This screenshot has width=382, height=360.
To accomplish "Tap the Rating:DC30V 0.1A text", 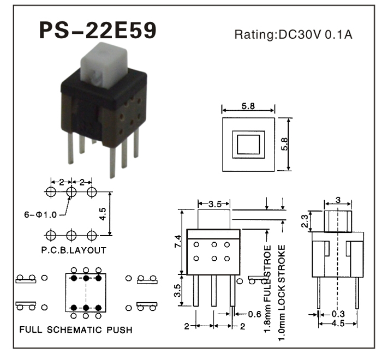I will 294,35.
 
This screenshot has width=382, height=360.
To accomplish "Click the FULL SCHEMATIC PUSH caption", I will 75,330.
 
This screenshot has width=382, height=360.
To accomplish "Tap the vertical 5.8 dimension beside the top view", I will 284,143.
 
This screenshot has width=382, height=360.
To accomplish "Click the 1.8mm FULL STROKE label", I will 267,284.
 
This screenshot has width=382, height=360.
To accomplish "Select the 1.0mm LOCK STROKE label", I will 282,284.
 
